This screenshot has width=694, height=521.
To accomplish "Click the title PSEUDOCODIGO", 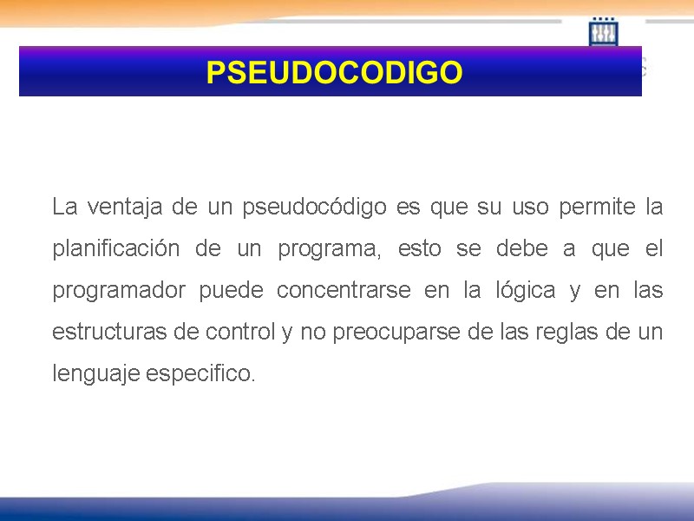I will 334,73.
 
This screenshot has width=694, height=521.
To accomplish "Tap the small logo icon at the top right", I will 604,33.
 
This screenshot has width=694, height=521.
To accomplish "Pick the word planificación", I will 116,249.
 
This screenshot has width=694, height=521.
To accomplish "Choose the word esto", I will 418,249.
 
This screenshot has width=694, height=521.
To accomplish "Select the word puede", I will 231,291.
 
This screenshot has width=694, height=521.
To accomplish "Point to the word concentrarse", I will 344,291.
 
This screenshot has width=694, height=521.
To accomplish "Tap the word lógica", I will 521,291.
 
